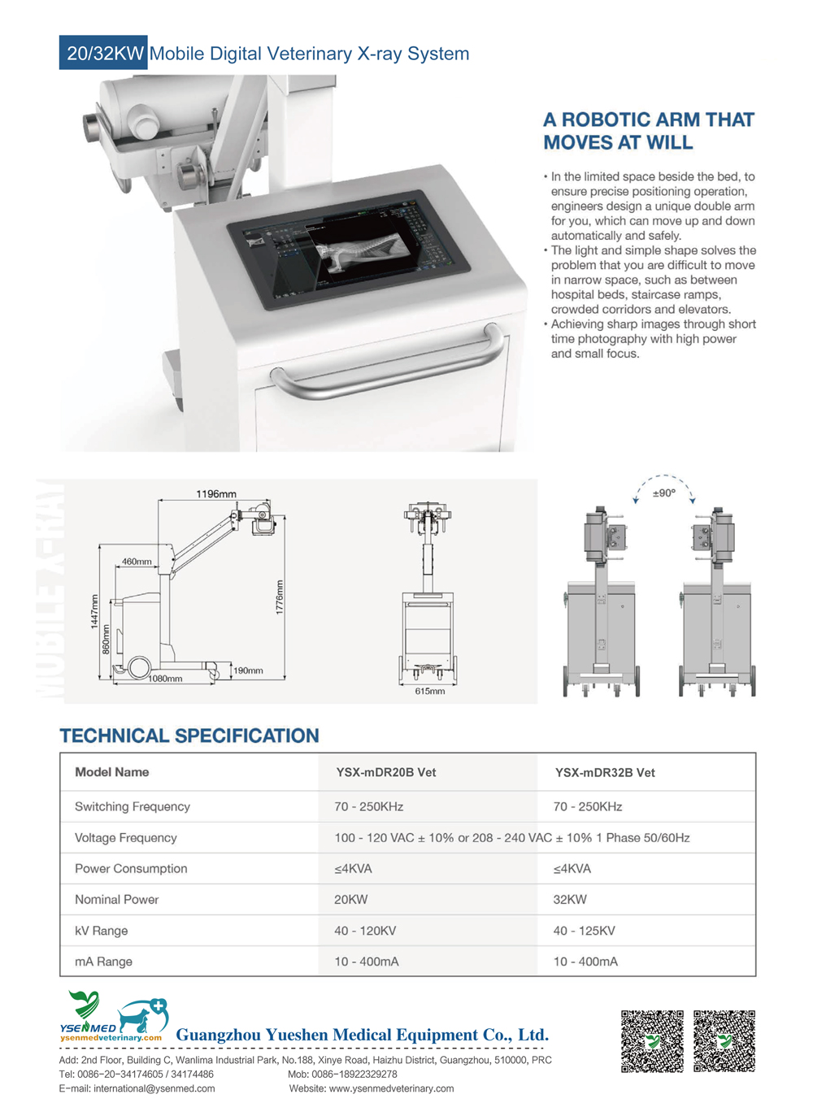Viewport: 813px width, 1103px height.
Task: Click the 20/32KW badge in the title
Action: tap(104, 53)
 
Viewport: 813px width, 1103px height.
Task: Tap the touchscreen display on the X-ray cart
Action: tap(349, 249)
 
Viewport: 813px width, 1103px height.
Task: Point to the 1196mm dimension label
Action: tap(216, 494)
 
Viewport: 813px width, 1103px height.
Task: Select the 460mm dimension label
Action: tap(136, 562)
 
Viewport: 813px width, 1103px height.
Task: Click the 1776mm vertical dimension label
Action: tap(280, 597)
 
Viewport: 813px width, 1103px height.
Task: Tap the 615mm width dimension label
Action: tap(430, 691)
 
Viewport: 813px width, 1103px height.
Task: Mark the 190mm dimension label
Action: tap(249, 671)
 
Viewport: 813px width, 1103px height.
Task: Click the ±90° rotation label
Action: tap(663, 493)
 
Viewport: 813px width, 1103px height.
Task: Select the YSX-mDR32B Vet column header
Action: tap(605, 773)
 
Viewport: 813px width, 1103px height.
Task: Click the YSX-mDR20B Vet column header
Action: tap(386, 772)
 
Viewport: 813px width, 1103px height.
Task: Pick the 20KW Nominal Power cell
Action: tap(351, 900)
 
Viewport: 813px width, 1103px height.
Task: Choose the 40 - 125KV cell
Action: tap(585, 931)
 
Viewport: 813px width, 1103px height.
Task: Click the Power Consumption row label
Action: tap(131, 869)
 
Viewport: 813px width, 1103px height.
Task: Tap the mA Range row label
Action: tap(103, 962)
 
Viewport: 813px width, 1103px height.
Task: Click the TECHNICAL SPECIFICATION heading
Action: tap(189, 736)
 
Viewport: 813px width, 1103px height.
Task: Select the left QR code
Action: tap(652, 1041)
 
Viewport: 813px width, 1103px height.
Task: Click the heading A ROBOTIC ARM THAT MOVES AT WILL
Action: tap(649, 131)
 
